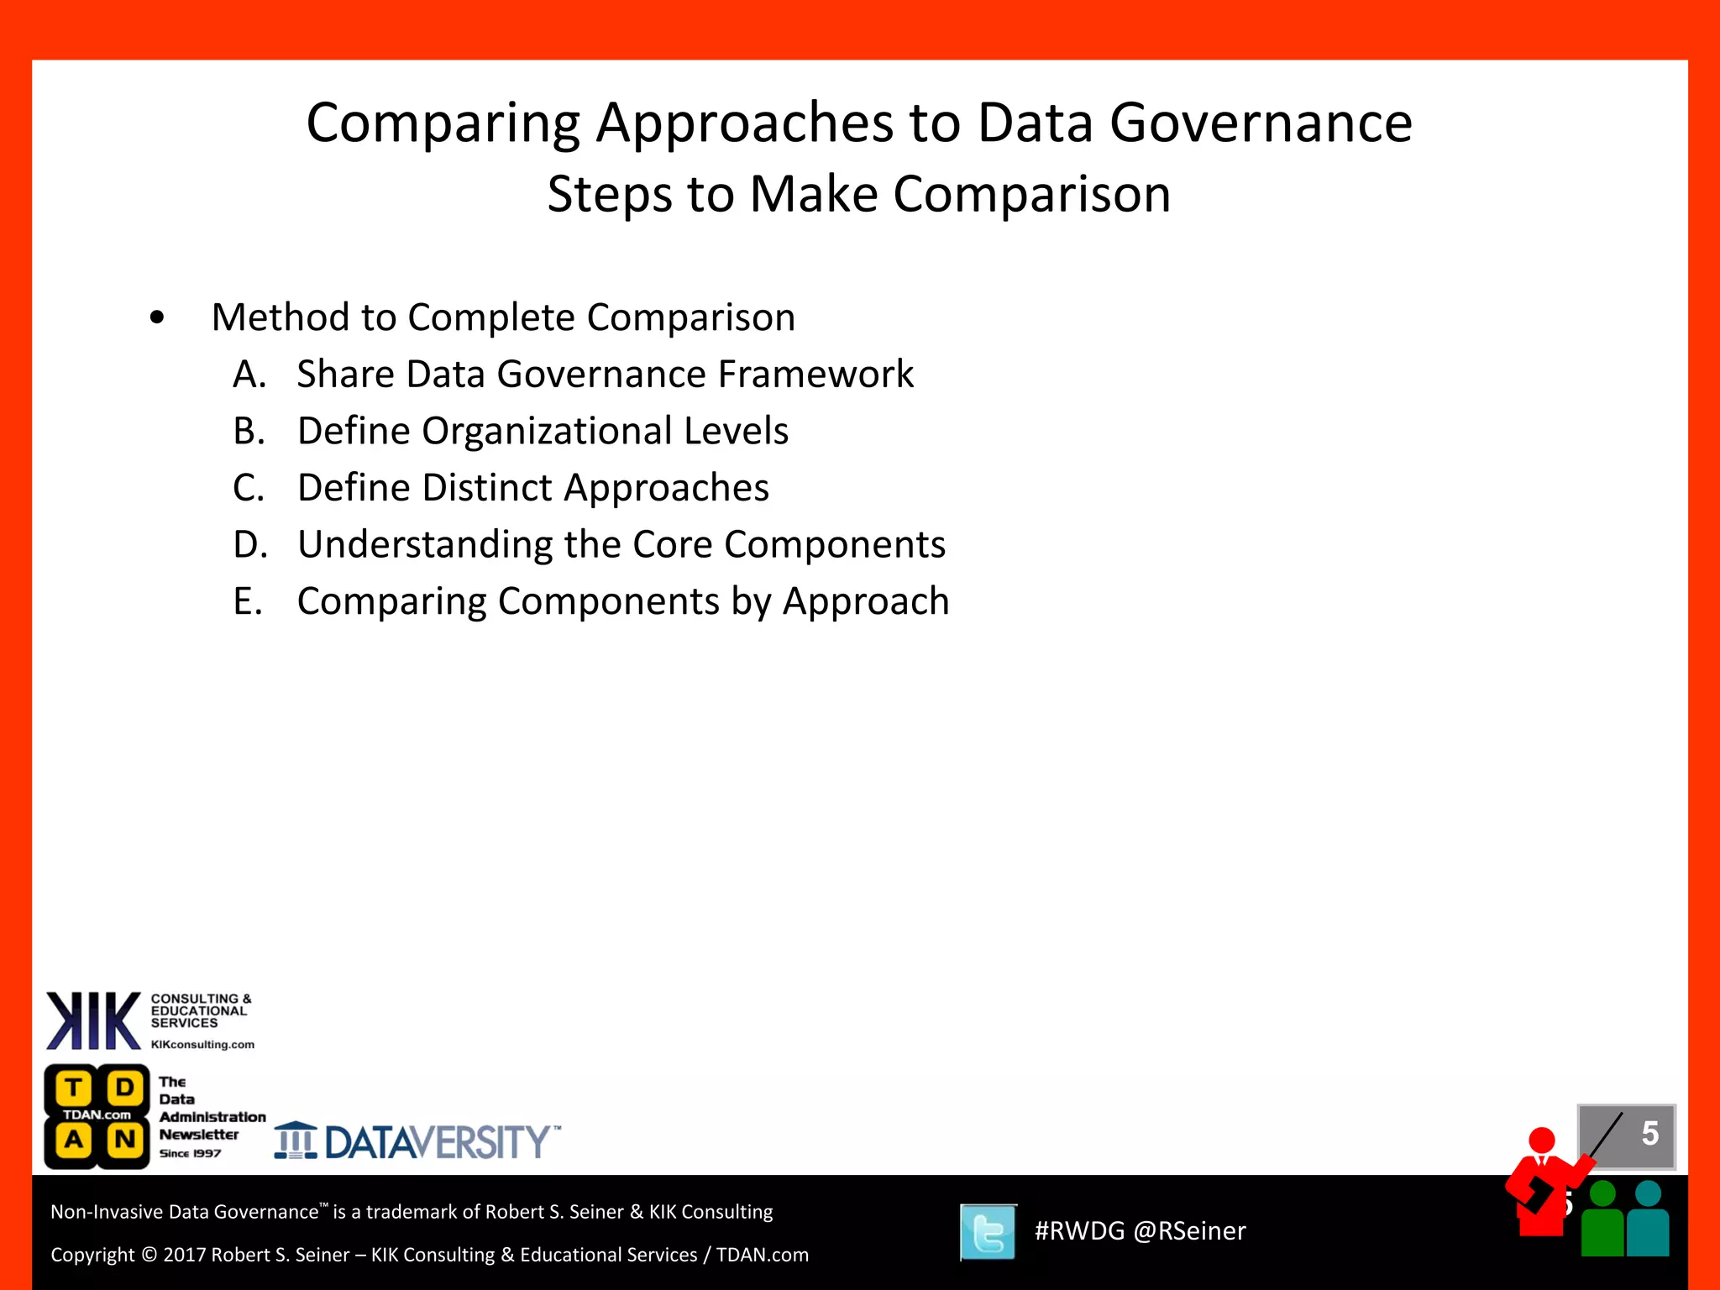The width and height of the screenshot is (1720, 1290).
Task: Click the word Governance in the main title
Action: pyautogui.click(x=1261, y=123)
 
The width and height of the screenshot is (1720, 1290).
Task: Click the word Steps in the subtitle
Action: pyautogui.click(x=610, y=195)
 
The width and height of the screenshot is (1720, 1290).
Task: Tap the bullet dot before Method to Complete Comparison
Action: pyautogui.click(x=157, y=318)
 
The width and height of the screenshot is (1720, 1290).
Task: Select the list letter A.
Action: pyautogui.click(x=249, y=375)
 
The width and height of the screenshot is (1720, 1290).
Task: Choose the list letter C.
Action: pyautogui.click(x=249, y=488)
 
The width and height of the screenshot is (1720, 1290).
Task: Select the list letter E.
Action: pyautogui.click(x=247, y=602)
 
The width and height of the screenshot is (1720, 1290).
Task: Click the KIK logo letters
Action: pyautogui.click(x=93, y=1020)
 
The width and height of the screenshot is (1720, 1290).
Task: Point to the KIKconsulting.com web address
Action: pyautogui.click(x=202, y=1045)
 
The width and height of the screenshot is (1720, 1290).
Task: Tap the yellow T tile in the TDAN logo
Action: pyautogui.click(x=74, y=1088)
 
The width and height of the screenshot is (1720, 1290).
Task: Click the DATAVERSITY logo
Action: pyautogui.click(x=417, y=1142)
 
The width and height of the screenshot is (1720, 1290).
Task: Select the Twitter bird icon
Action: pyautogui.click(x=988, y=1232)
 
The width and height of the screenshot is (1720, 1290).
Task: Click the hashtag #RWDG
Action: pyautogui.click(x=1079, y=1231)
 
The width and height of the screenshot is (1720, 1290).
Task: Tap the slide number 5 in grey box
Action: pyautogui.click(x=1649, y=1134)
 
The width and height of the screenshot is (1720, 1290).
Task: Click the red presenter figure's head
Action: pyautogui.click(x=1542, y=1141)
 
